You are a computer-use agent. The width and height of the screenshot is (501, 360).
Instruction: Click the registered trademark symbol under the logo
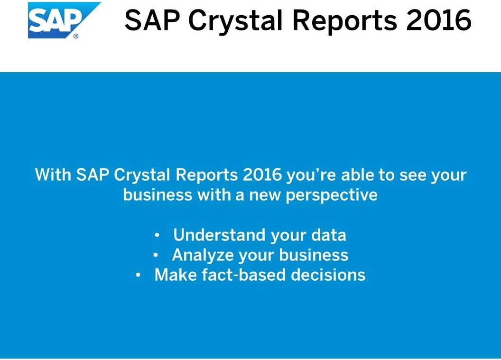point(76,36)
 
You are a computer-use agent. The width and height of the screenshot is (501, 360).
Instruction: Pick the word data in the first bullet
point(329,235)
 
